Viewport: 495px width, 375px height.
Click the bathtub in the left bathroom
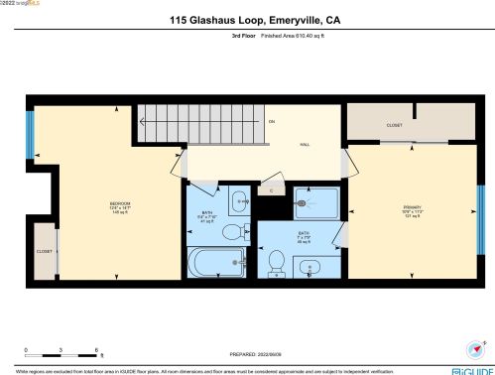click(217, 263)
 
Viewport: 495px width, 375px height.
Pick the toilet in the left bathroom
click(231, 232)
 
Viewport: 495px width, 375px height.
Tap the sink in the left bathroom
click(239, 202)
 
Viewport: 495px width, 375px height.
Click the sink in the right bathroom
click(309, 267)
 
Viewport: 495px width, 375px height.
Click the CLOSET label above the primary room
click(394, 126)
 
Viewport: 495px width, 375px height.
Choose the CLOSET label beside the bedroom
click(45, 251)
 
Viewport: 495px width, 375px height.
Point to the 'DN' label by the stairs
click(271, 121)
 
